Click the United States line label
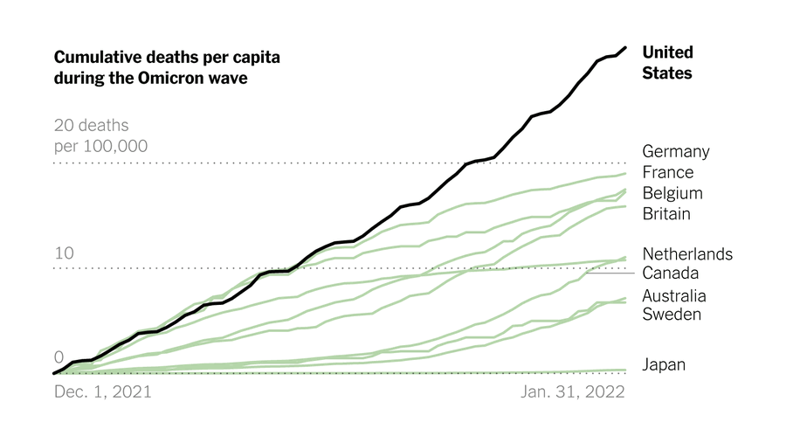pyautogui.click(x=667, y=63)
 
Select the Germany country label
pyautogui.click(x=675, y=151)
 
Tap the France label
pyautogui.click(x=667, y=172)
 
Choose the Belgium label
pyautogui.click(x=672, y=193)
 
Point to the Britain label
pyautogui.click(x=666, y=214)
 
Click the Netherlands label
pyautogui.click(x=686, y=254)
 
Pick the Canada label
pyautogui.click(x=670, y=273)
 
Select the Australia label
pyautogui.click(x=674, y=296)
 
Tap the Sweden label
pyautogui.click(x=672, y=314)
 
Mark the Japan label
pyautogui.click(x=664, y=365)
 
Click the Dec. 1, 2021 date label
pyautogui.click(x=102, y=392)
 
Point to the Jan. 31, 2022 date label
pyautogui.click(x=573, y=392)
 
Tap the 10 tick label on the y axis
pyautogui.click(x=64, y=254)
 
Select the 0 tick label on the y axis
pyautogui.click(x=59, y=357)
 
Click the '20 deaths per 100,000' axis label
pyautogui.click(x=100, y=136)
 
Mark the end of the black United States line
pyautogui.click(x=625, y=47)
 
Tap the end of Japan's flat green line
pyautogui.click(x=625, y=370)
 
